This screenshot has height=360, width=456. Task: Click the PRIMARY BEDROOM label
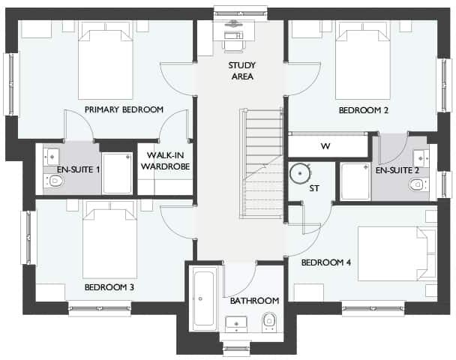pyautogui.click(x=124, y=110)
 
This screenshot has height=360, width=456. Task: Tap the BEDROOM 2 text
pyautogui.click(x=363, y=110)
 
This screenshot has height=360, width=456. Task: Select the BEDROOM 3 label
pyautogui.click(x=109, y=286)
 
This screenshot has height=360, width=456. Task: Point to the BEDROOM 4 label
pyautogui.click(x=326, y=263)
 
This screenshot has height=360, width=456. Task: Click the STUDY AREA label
pyautogui.click(x=241, y=70)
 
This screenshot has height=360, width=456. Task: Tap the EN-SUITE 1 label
pyautogui.click(x=79, y=170)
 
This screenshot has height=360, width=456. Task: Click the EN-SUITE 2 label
pyautogui.click(x=397, y=170)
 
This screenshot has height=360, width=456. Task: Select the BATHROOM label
pyautogui.click(x=254, y=301)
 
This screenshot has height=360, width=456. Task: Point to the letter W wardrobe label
pyautogui.click(x=325, y=145)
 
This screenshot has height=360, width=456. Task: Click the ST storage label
pyautogui.click(x=314, y=188)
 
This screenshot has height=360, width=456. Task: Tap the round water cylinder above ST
pyautogui.click(x=301, y=172)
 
